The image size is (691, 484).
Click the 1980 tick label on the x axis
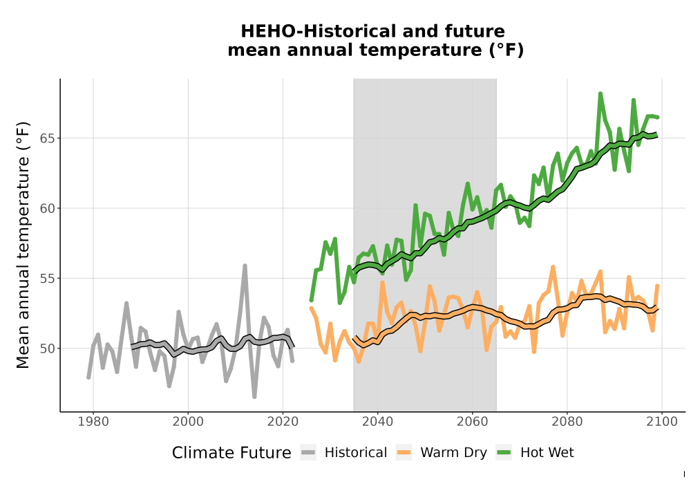coord(93,422)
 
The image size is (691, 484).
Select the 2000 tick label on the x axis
coord(188,422)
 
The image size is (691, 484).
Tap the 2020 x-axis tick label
coord(283,422)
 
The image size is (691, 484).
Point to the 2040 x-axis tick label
coord(378,422)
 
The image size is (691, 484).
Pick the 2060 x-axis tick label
coord(473,422)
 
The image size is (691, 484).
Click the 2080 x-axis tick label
coord(567,422)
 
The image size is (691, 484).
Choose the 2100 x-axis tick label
coord(662,422)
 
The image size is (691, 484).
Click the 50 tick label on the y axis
coord(48,348)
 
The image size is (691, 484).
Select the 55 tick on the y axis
coord(48,279)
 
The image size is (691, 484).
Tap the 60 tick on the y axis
coord(48,209)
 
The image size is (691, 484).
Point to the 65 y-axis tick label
coord(48,138)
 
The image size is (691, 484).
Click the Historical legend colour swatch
coord(308,453)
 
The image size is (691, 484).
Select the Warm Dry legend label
coord(453,453)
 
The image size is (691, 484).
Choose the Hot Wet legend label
coord(547,453)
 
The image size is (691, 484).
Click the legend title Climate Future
coord(231,453)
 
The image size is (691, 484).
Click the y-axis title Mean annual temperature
coord(23,245)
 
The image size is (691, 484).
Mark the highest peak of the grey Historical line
coord(245,266)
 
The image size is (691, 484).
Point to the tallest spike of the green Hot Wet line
coord(600,93)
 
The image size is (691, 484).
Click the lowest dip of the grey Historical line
coord(254,397)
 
